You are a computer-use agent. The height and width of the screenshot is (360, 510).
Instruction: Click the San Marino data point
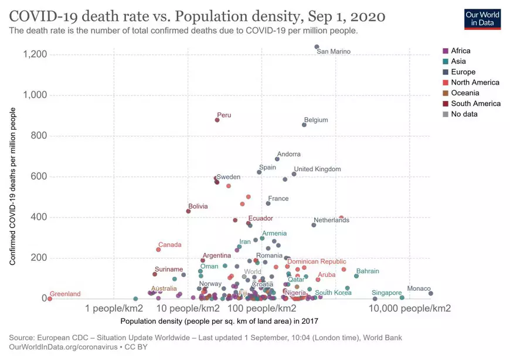[x=317, y=47]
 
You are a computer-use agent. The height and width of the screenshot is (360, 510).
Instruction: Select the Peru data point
[x=217, y=120]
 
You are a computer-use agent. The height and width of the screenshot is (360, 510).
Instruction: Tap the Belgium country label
[x=316, y=120]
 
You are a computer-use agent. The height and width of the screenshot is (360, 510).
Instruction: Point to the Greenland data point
[x=50, y=298]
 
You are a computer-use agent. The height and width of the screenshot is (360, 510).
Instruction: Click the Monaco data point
[x=430, y=294]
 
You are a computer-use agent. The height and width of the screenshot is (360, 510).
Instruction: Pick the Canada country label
[x=170, y=244]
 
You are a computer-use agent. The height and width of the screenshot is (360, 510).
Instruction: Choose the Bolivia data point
[x=188, y=211]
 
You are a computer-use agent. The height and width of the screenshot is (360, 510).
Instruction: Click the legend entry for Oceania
[x=465, y=93]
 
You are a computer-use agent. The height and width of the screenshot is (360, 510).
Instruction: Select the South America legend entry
[x=475, y=103]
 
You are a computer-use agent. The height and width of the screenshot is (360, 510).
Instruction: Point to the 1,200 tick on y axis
[x=35, y=55]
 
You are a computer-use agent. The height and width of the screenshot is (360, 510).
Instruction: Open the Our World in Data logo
[x=482, y=19]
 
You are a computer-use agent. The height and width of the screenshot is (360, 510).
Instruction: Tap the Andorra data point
[x=277, y=159]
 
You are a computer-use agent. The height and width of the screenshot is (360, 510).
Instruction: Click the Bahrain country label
[x=368, y=271]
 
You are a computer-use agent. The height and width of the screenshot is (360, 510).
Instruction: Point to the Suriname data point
[x=155, y=274]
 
